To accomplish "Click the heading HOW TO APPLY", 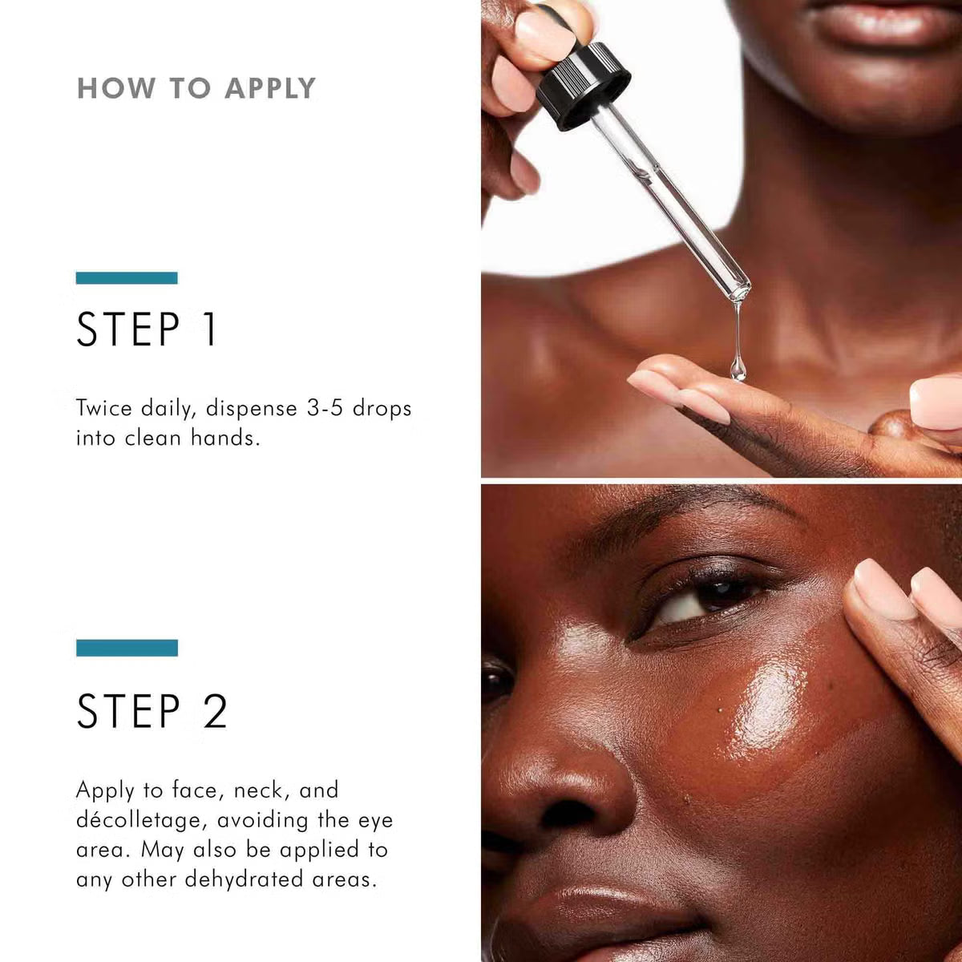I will (196, 88).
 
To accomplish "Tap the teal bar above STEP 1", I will (127, 278).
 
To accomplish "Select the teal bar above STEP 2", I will (127, 648).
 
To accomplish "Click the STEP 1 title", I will (147, 329).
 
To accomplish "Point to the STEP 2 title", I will (152, 711).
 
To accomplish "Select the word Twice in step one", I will (104, 408).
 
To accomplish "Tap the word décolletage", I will (142, 821).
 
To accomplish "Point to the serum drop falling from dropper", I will (738, 369).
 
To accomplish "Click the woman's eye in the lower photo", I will (705, 600).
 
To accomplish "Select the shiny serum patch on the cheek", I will (766, 705).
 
